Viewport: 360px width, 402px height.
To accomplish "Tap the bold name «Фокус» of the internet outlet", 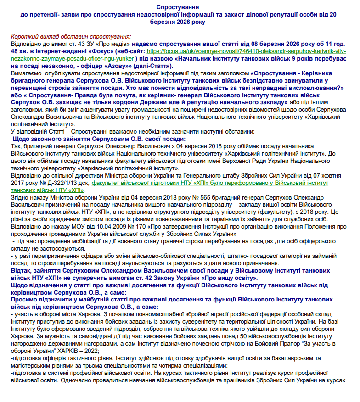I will click(102, 52).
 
